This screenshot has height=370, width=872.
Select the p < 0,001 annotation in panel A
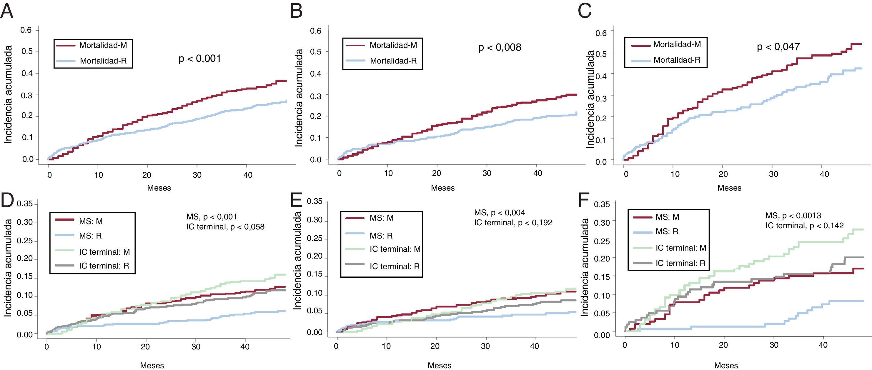pos(200,59)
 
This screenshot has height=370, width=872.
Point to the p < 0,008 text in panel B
pos(500,47)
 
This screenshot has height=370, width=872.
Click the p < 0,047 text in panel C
pos(778,46)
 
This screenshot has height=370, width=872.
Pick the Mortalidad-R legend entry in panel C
pos(677,60)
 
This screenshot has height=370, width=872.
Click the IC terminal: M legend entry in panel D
pos(104,252)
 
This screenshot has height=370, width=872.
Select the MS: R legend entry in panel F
pos(667,231)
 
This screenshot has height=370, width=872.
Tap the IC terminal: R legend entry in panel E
pos(394,266)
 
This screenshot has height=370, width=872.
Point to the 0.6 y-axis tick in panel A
pos(26,30)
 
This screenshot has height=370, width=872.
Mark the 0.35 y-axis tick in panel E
pos(315,202)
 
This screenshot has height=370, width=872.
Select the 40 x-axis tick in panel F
pos(823,345)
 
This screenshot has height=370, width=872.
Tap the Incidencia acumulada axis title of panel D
pos(8,267)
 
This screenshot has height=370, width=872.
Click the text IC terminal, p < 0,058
pos(225,226)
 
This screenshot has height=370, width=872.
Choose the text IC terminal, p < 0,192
pos(513,222)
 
